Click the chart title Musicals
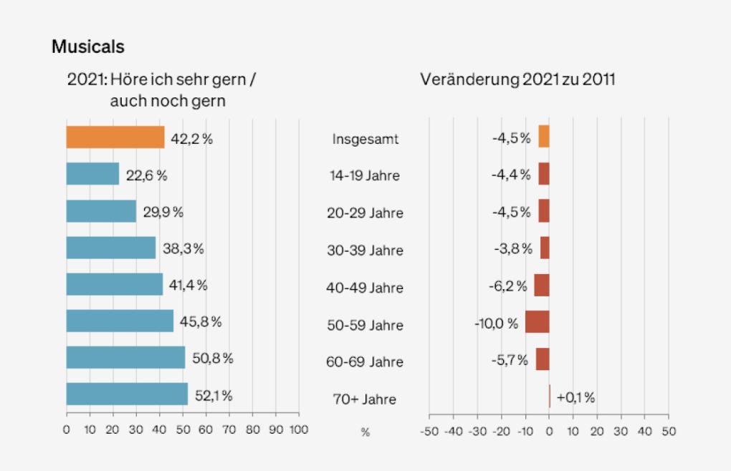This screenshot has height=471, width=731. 87,47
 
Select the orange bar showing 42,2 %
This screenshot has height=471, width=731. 115,137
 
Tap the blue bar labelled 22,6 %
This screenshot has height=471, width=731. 92,174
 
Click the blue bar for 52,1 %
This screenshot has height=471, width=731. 127,394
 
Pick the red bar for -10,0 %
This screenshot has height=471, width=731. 537,322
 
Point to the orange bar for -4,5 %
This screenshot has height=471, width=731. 544,137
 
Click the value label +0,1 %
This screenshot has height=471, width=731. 575,398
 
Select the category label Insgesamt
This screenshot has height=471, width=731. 365,139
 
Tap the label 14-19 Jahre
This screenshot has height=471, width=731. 365,176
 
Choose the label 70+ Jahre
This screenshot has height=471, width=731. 365,399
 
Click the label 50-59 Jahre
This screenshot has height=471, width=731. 365,325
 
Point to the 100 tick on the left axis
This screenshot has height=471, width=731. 299,430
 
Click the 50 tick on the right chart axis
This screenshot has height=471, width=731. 669,432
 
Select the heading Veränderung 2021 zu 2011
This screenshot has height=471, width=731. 517,79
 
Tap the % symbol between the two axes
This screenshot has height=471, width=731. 365,432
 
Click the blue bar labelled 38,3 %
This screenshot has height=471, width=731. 111,248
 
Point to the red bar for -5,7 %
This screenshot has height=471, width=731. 543,359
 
